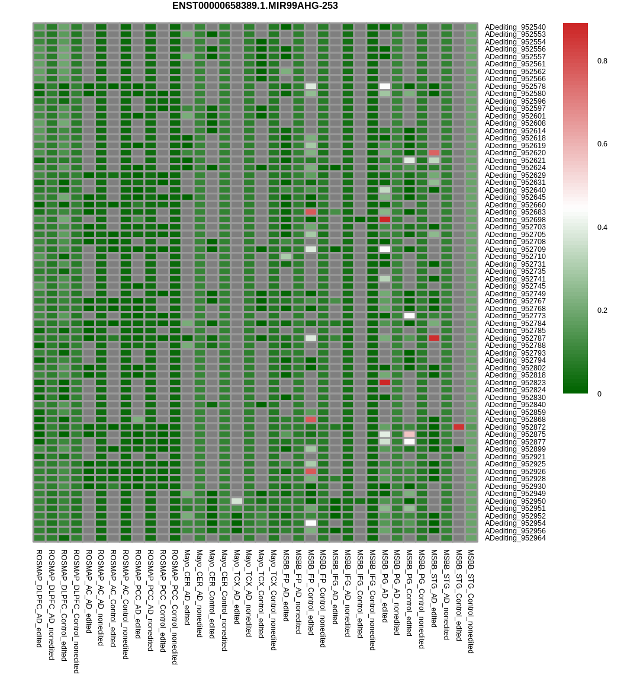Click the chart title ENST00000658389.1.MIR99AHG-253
tap(255, 6)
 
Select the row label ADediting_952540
tap(515, 27)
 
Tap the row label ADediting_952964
tap(515, 538)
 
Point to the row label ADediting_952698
tap(515, 220)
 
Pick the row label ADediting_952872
tap(515, 427)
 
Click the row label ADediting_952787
tap(515, 338)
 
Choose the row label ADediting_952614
tap(515, 131)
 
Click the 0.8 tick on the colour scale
tap(602, 61)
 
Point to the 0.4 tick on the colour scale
tap(602, 228)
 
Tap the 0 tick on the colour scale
tap(599, 394)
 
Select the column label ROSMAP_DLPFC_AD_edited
tap(39, 598)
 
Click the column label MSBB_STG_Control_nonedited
tap(471, 601)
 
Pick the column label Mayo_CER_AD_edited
tap(187, 587)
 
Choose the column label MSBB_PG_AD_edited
tap(385, 586)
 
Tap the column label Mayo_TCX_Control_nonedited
tap(274, 600)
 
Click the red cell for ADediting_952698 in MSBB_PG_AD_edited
tap(385, 219)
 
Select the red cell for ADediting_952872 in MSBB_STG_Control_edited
tap(459, 427)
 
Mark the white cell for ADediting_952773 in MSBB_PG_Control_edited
tap(409, 316)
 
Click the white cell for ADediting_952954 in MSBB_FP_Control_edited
tap(311, 523)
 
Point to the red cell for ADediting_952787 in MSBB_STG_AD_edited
tap(434, 338)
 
